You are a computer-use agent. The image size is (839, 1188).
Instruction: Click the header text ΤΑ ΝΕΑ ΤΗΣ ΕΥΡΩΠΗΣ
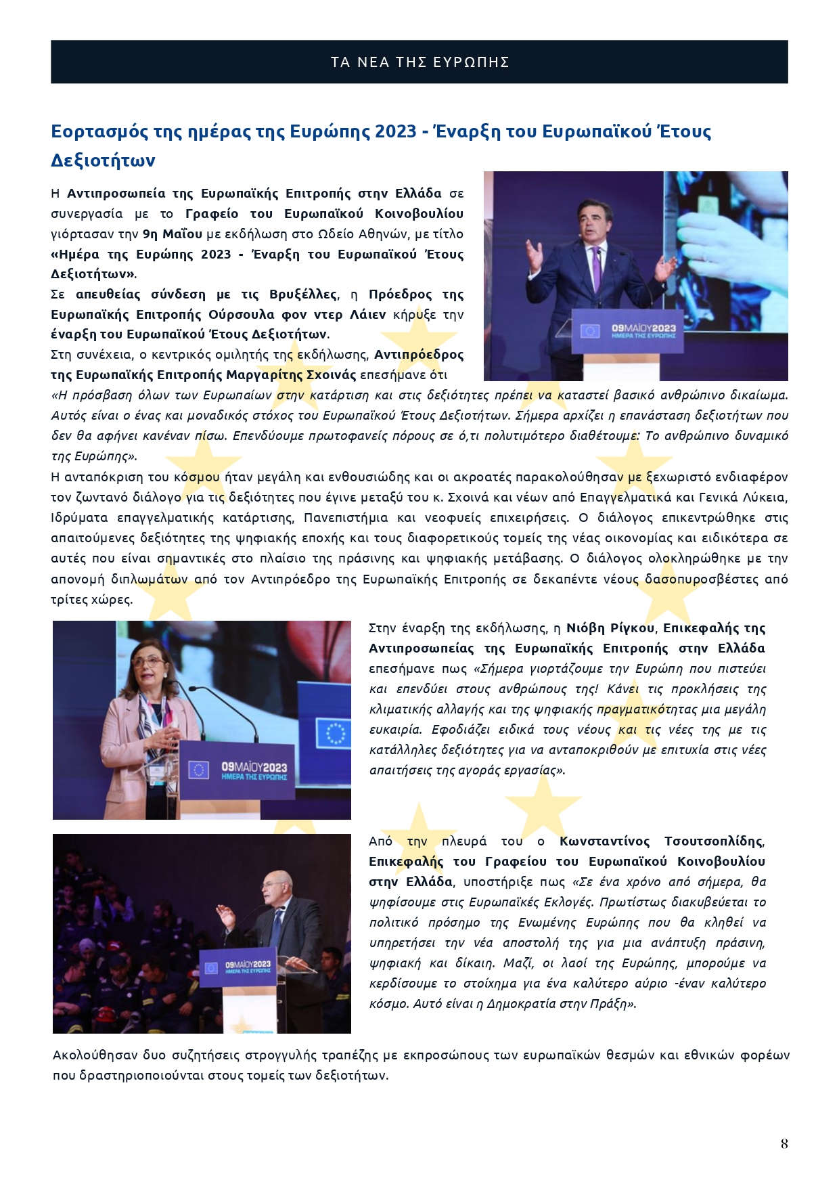point(419,62)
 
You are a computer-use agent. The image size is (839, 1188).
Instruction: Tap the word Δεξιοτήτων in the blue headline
point(103,161)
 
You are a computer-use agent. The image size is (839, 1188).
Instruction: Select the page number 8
point(784,1143)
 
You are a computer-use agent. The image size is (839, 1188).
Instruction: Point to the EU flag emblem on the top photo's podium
point(590,331)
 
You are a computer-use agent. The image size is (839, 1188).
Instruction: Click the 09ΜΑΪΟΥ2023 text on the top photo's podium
point(643,328)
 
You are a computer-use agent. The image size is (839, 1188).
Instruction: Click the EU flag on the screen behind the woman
point(334,733)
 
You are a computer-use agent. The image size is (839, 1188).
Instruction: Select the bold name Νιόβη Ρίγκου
point(610,628)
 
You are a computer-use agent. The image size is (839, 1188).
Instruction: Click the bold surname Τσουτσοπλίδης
point(714,841)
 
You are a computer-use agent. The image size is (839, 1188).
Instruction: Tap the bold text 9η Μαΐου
point(173,234)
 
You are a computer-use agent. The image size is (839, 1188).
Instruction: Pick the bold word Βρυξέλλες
point(302,294)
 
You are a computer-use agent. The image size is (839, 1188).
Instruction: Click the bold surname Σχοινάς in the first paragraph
point(331,375)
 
